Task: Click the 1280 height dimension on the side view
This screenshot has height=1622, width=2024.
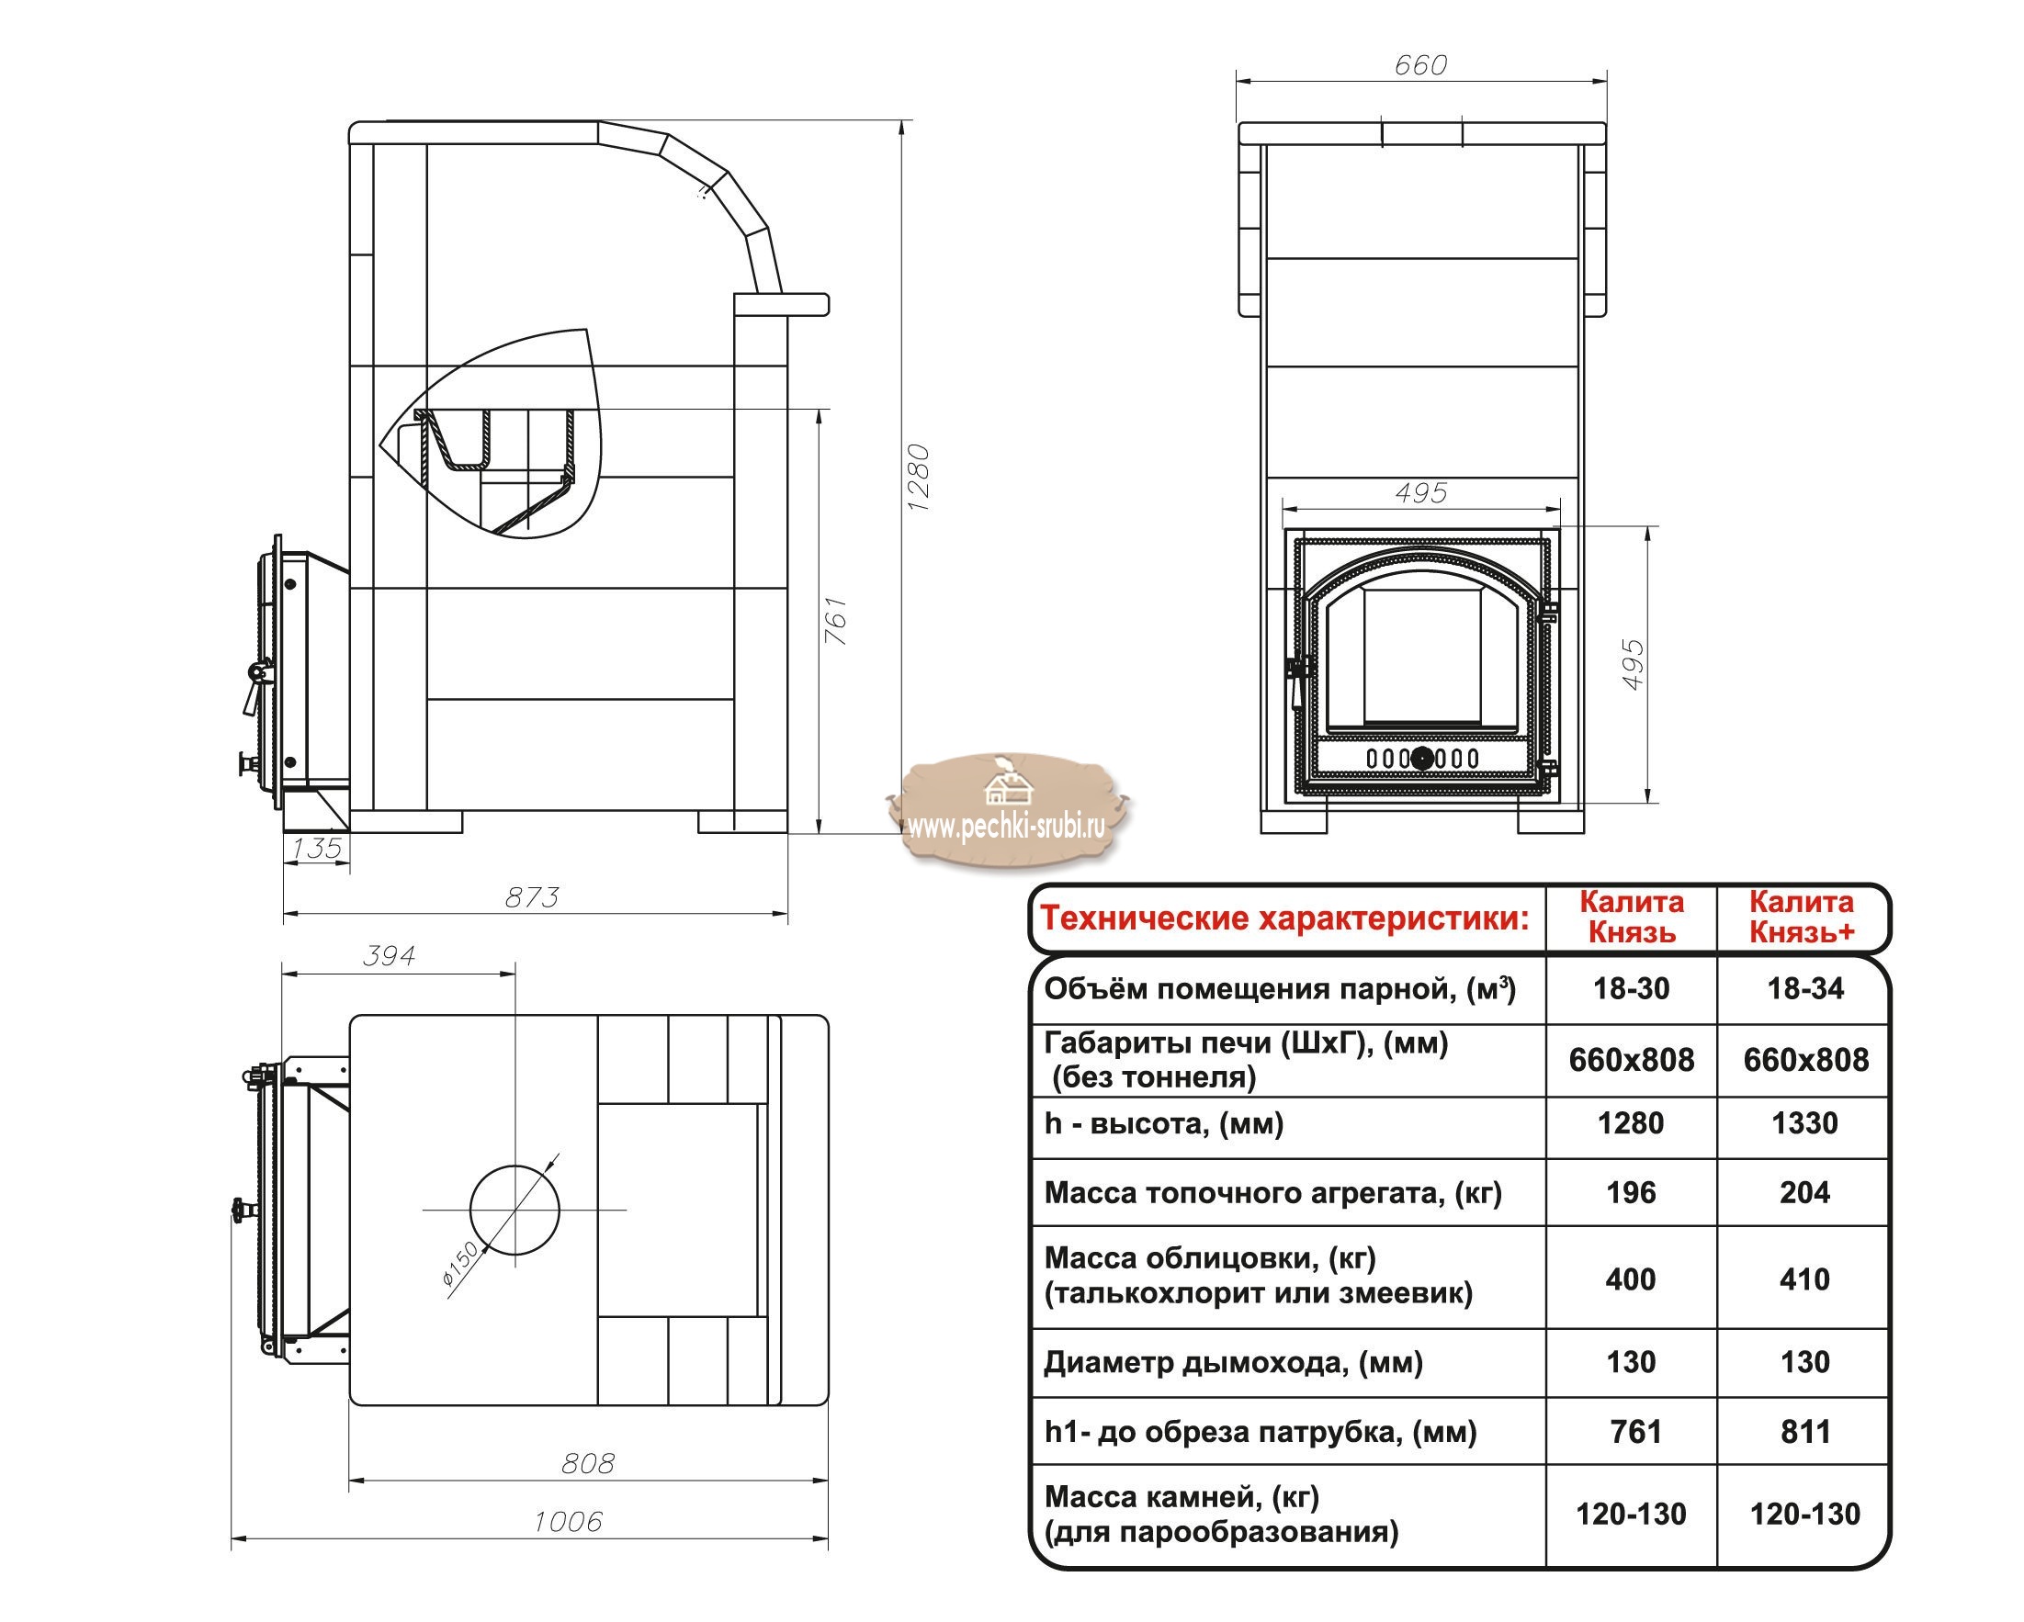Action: (919, 477)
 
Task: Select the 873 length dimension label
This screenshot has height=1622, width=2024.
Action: (531, 898)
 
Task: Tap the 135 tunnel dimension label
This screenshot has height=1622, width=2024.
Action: (316, 849)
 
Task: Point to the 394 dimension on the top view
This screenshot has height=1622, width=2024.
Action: (389, 955)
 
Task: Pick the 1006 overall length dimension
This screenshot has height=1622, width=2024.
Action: (568, 1522)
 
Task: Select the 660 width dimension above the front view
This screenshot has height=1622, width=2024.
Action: (1420, 65)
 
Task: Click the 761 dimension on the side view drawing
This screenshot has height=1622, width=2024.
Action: (835, 621)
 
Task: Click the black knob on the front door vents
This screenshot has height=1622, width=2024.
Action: (1422, 759)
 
